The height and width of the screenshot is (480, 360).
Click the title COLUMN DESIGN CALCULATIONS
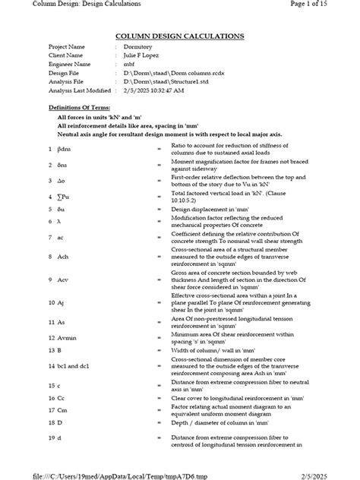[179, 36]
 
